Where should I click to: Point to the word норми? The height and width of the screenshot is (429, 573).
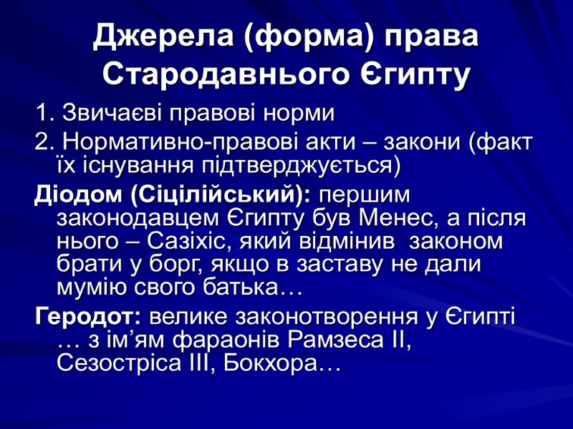[300, 113]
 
